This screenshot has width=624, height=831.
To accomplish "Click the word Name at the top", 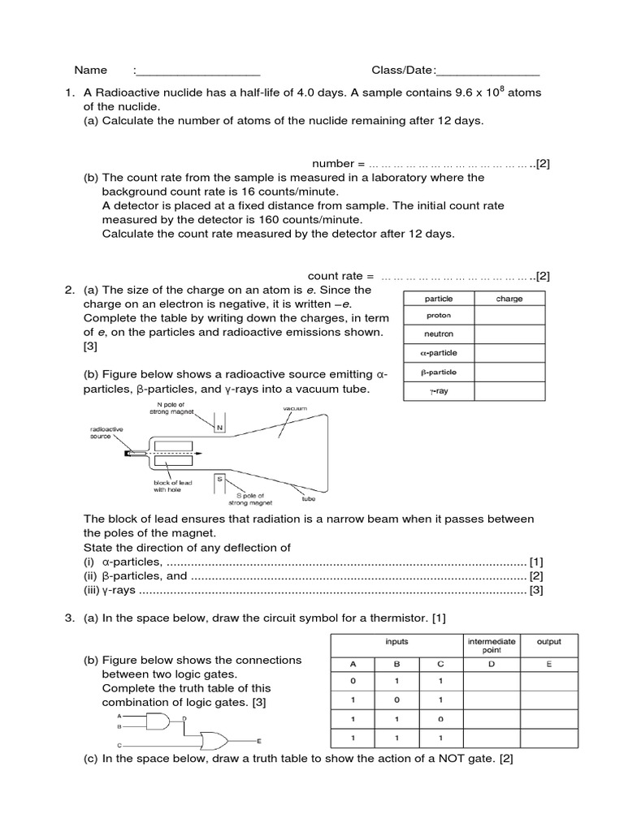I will pos(91,71).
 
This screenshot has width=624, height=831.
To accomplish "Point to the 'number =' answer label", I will pos(333,163).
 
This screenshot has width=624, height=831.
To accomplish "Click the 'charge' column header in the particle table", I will pos(509,299).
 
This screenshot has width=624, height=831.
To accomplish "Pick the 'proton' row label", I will pos(439,316).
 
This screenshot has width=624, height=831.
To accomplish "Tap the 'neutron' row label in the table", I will pos(439,334).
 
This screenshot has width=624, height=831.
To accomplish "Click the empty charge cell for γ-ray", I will pos(509,391).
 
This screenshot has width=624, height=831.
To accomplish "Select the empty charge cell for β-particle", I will pos(509,372).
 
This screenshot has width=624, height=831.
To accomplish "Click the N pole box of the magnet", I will pos(219,427).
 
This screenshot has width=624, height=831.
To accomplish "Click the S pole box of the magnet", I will pos(219,482).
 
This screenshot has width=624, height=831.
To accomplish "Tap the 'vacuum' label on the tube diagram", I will pos(294,409).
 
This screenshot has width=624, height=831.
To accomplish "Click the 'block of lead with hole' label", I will pos(171,485).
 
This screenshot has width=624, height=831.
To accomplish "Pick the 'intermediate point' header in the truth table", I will pos(492,646).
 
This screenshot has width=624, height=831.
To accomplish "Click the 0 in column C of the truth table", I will pos(440,720).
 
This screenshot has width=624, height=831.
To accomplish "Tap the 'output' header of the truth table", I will pos(548,641).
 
